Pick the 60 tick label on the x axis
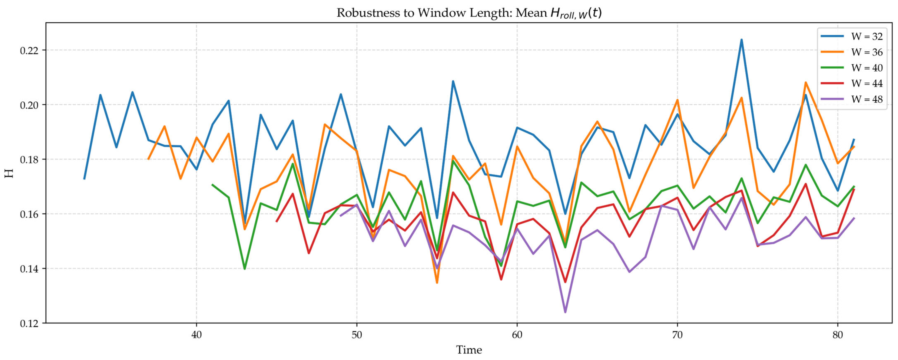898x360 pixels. pyautogui.click(x=517, y=335)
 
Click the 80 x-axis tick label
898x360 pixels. pyautogui.click(x=838, y=335)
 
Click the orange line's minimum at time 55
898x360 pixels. pyautogui.click(x=437, y=283)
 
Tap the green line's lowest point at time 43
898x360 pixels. pyautogui.click(x=244, y=269)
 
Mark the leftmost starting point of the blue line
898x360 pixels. pyautogui.click(x=84, y=179)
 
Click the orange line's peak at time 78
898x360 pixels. pyautogui.click(x=806, y=83)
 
